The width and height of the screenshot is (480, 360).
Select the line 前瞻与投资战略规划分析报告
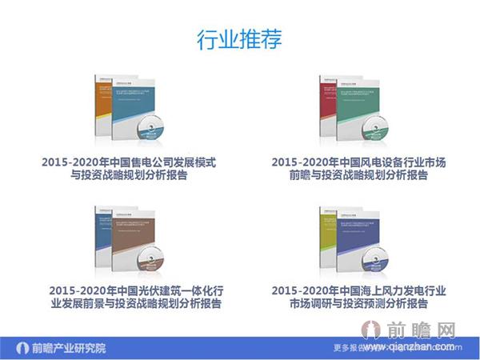pyautogui.click(x=358, y=175)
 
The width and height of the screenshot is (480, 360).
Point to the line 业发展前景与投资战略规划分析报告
pyautogui.click(x=135, y=303)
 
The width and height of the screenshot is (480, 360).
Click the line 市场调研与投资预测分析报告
pyautogui.click(x=358, y=303)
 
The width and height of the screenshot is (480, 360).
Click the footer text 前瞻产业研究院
pyautogui.click(x=68, y=348)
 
